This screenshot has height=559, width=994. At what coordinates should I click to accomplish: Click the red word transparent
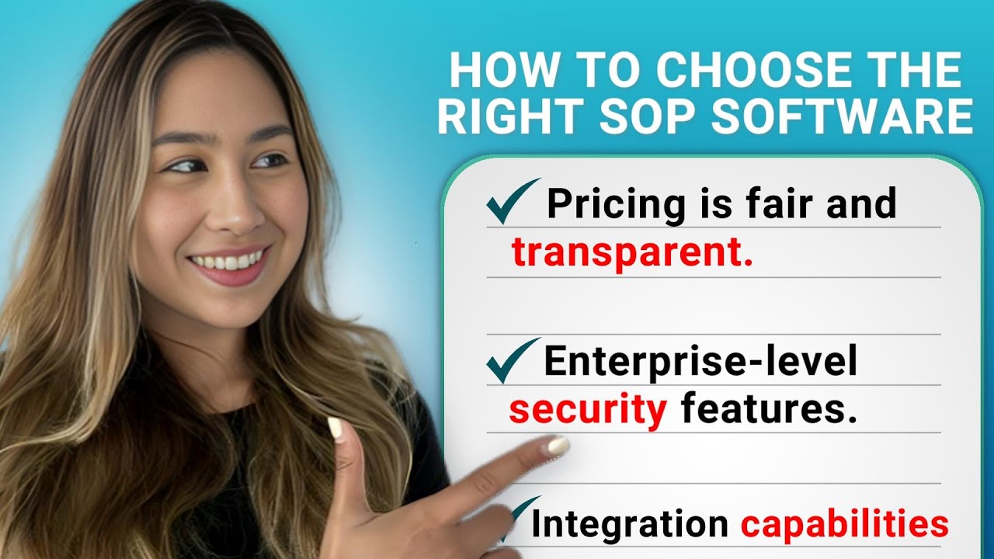[632, 253]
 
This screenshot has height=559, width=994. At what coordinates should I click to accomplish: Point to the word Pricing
[617, 204]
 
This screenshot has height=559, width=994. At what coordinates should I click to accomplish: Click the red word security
[588, 410]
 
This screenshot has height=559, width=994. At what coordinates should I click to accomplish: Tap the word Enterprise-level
[700, 361]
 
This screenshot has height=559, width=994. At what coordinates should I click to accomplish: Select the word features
[770, 410]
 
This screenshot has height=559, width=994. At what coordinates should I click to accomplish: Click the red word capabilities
[844, 525]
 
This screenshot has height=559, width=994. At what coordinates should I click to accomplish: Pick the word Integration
[629, 525]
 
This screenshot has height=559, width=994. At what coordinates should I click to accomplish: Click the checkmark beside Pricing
[512, 200]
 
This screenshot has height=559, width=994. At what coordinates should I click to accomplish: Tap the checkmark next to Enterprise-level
[512, 359]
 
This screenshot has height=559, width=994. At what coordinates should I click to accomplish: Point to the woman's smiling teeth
[228, 261]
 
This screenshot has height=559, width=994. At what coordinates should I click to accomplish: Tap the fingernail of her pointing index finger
[558, 445]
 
